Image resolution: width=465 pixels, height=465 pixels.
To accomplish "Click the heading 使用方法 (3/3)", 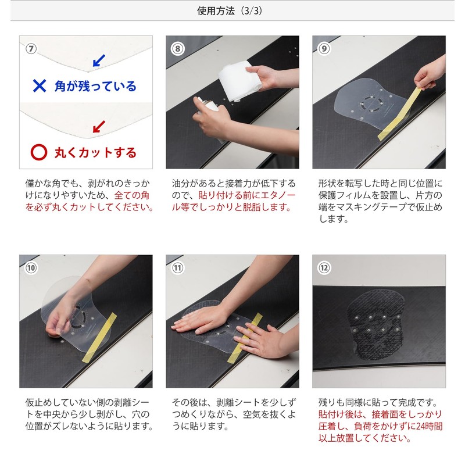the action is [229, 11].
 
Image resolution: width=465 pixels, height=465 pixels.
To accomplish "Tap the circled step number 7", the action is [31, 49].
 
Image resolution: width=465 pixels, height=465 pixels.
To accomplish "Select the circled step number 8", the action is [178, 49].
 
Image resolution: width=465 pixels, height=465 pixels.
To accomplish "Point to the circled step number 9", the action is [324, 49].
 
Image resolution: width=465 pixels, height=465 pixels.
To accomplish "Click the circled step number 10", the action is [31, 268].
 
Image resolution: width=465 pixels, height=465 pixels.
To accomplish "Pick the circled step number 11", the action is [178, 268].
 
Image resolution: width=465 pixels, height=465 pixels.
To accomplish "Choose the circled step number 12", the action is [324, 268].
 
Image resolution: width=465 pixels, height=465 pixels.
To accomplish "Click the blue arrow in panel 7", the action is [99, 60].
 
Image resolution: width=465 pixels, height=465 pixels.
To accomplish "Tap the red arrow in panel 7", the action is [99, 127].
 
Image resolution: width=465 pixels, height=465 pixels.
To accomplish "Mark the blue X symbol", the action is [40, 86].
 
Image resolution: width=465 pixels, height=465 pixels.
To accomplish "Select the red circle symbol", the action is [39, 152].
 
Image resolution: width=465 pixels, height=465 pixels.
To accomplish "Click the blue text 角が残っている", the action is [95, 86].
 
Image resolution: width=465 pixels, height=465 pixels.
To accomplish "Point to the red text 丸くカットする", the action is [95, 153].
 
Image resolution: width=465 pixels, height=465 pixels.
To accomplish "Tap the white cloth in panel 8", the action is [239, 80].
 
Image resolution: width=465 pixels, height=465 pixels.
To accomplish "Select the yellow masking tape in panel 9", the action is [400, 113].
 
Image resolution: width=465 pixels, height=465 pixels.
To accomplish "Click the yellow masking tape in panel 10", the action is [99, 338].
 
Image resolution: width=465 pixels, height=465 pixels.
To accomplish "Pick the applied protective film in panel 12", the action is [377, 324].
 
